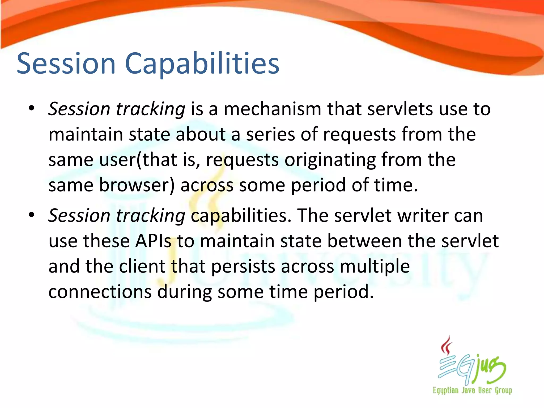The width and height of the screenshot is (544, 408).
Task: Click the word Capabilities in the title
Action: point(202,64)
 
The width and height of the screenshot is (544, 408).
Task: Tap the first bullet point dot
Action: point(32,108)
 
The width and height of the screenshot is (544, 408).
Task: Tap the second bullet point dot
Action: point(32,215)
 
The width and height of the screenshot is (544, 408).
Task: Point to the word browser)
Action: point(137,185)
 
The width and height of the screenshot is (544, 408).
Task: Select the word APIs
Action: point(153,241)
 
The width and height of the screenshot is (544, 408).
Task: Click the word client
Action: point(142,266)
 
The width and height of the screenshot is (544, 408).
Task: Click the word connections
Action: point(100,292)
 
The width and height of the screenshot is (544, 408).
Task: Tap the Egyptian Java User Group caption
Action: point(472,390)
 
